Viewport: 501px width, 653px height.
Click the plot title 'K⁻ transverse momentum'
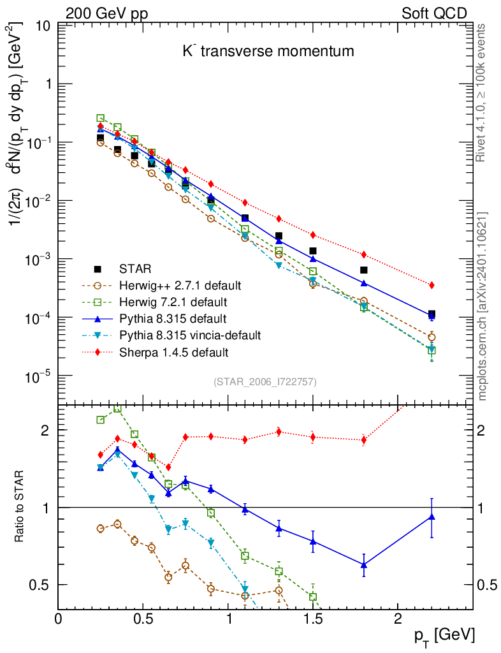coord(268,51)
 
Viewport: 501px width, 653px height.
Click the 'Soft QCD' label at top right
coord(434,13)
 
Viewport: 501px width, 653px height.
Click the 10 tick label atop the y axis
coord(44,26)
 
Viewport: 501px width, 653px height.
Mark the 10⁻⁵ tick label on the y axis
coord(38,377)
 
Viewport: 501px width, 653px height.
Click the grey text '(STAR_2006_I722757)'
coord(265,381)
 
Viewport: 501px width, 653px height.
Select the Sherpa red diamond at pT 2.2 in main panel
coord(432,285)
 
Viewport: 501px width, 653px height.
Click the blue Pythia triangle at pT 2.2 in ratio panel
coord(432,517)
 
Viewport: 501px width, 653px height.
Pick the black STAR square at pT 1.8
coord(364,270)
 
